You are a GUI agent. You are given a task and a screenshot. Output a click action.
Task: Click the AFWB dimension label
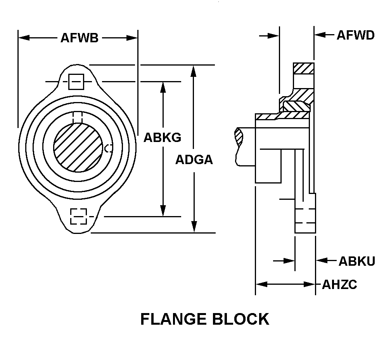pos(79,38)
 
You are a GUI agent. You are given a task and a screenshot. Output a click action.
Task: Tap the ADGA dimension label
pos(194,159)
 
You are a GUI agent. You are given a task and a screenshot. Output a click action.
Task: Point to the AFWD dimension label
pos(355,35)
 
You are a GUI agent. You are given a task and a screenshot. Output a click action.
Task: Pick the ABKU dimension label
pos(357,261)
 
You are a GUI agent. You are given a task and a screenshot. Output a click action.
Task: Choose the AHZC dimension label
pos(339,285)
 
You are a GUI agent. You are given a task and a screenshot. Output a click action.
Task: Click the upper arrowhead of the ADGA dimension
pos(194,70)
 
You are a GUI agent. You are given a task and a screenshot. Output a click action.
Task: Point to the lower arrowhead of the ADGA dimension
pos(194,228)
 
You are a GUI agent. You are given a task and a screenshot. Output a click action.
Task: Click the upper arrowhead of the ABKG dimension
pos(163,87)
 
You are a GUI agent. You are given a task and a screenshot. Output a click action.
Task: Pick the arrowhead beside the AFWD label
pos(319,35)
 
